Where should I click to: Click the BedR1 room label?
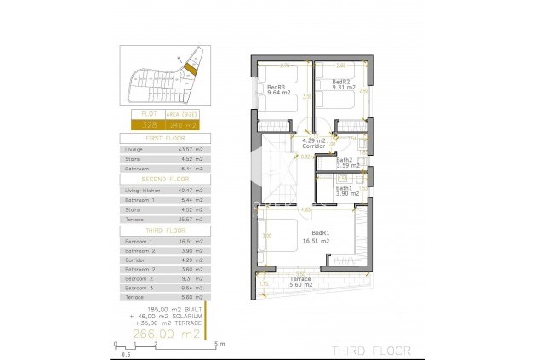321,232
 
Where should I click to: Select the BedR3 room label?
276,87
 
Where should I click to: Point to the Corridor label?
313,146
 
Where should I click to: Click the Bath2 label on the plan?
344,159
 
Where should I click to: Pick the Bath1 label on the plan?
344,188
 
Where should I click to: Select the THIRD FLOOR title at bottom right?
371,350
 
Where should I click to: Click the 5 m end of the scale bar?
219,346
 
